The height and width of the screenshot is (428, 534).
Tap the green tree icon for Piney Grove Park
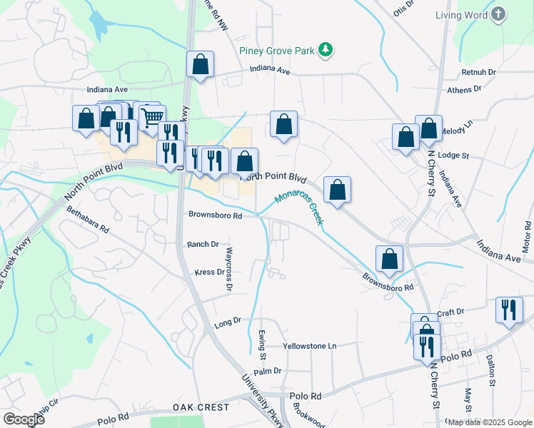pos(326,49)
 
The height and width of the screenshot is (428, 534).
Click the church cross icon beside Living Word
pos(498,14)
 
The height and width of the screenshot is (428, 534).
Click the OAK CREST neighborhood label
pos(201,407)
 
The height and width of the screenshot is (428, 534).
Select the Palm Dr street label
pos(268,371)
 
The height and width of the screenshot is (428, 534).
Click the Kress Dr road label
pos(209,272)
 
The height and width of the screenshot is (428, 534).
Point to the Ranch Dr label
pos(203,244)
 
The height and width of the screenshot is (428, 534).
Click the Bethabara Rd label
pos(87,220)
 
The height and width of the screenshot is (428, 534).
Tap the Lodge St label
pos(453,155)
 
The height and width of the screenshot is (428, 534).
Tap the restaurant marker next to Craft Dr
pos(509,309)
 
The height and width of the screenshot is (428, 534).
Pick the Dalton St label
pos(491,372)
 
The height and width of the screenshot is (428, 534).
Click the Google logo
pos(24,419)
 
